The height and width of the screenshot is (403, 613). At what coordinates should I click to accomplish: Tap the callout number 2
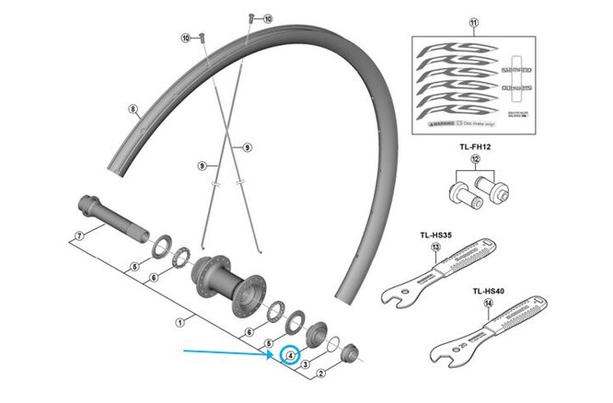[x=319, y=374]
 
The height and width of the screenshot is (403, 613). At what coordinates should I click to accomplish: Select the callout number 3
[x=305, y=365]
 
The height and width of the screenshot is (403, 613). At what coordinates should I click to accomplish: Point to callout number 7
[x=78, y=236]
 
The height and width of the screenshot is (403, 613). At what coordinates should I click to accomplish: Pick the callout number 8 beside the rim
[x=133, y=109]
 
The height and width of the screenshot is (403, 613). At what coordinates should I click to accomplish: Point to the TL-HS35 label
[x=434, y=235]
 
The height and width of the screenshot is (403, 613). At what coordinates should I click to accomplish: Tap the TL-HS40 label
[x=488, y=290]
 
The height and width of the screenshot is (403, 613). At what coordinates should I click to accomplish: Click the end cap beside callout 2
[x=350, y=353]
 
